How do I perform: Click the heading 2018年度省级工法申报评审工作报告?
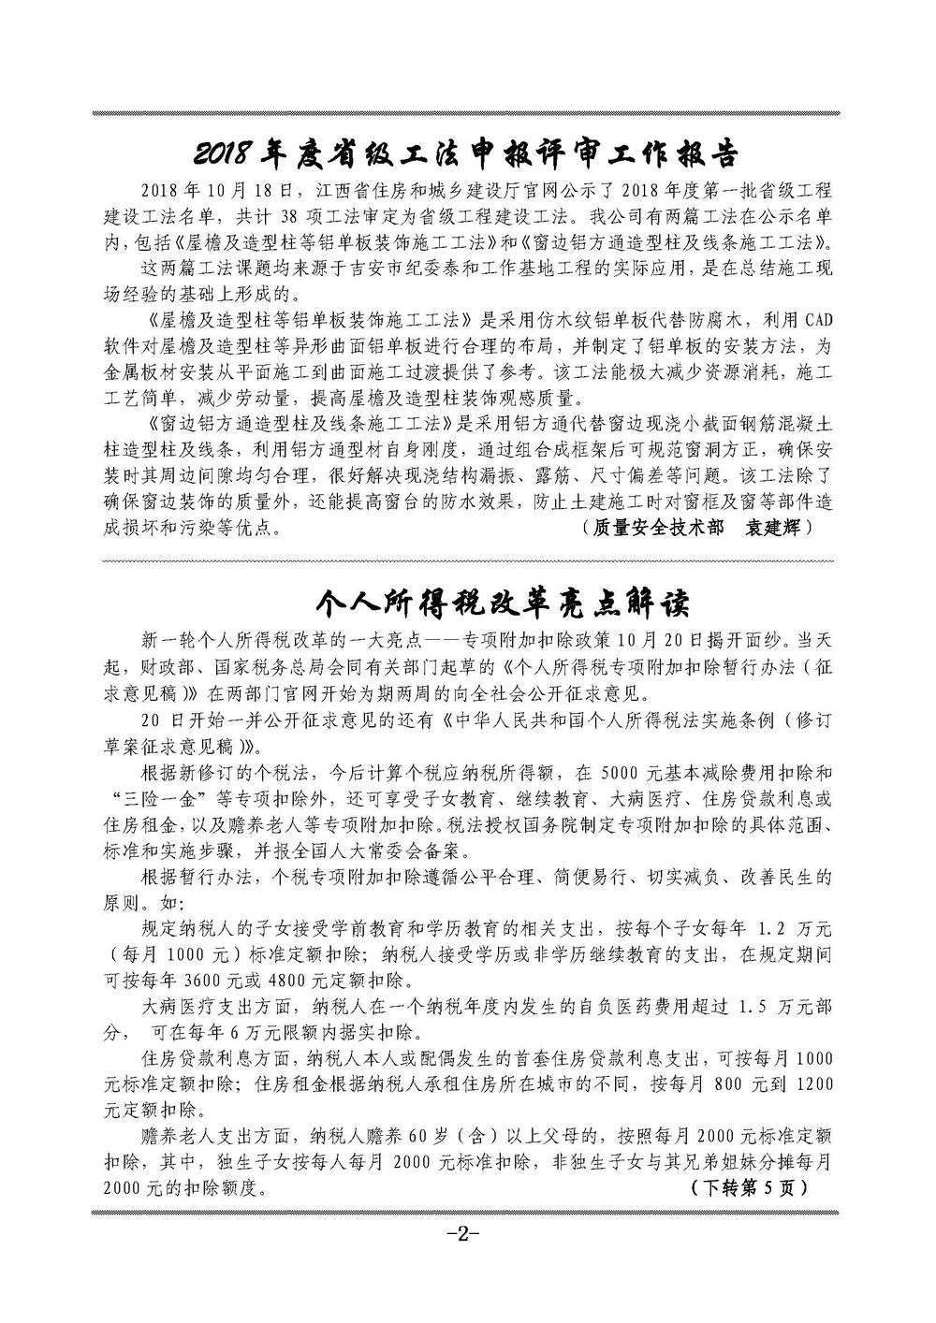point(465,152)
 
